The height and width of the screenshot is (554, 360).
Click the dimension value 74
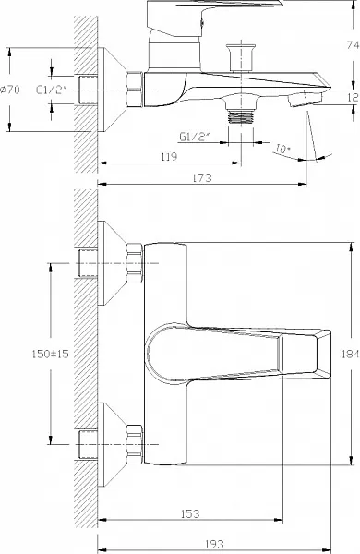tap(353, 45)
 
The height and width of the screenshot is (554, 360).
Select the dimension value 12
tap(353, 98)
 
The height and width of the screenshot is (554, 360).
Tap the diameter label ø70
tap(10, 90)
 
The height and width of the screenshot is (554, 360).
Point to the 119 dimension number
tap(169, 157)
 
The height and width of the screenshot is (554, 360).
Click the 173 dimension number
tap(202, 177)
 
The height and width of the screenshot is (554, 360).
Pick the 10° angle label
tap(282, 149)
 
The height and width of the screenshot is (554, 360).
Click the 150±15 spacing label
tap(50, 354)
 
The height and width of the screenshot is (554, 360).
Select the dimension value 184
tap(351, 354)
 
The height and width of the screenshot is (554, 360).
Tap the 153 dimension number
tap(190, 513)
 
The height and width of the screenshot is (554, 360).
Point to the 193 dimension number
tap(214, 544)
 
